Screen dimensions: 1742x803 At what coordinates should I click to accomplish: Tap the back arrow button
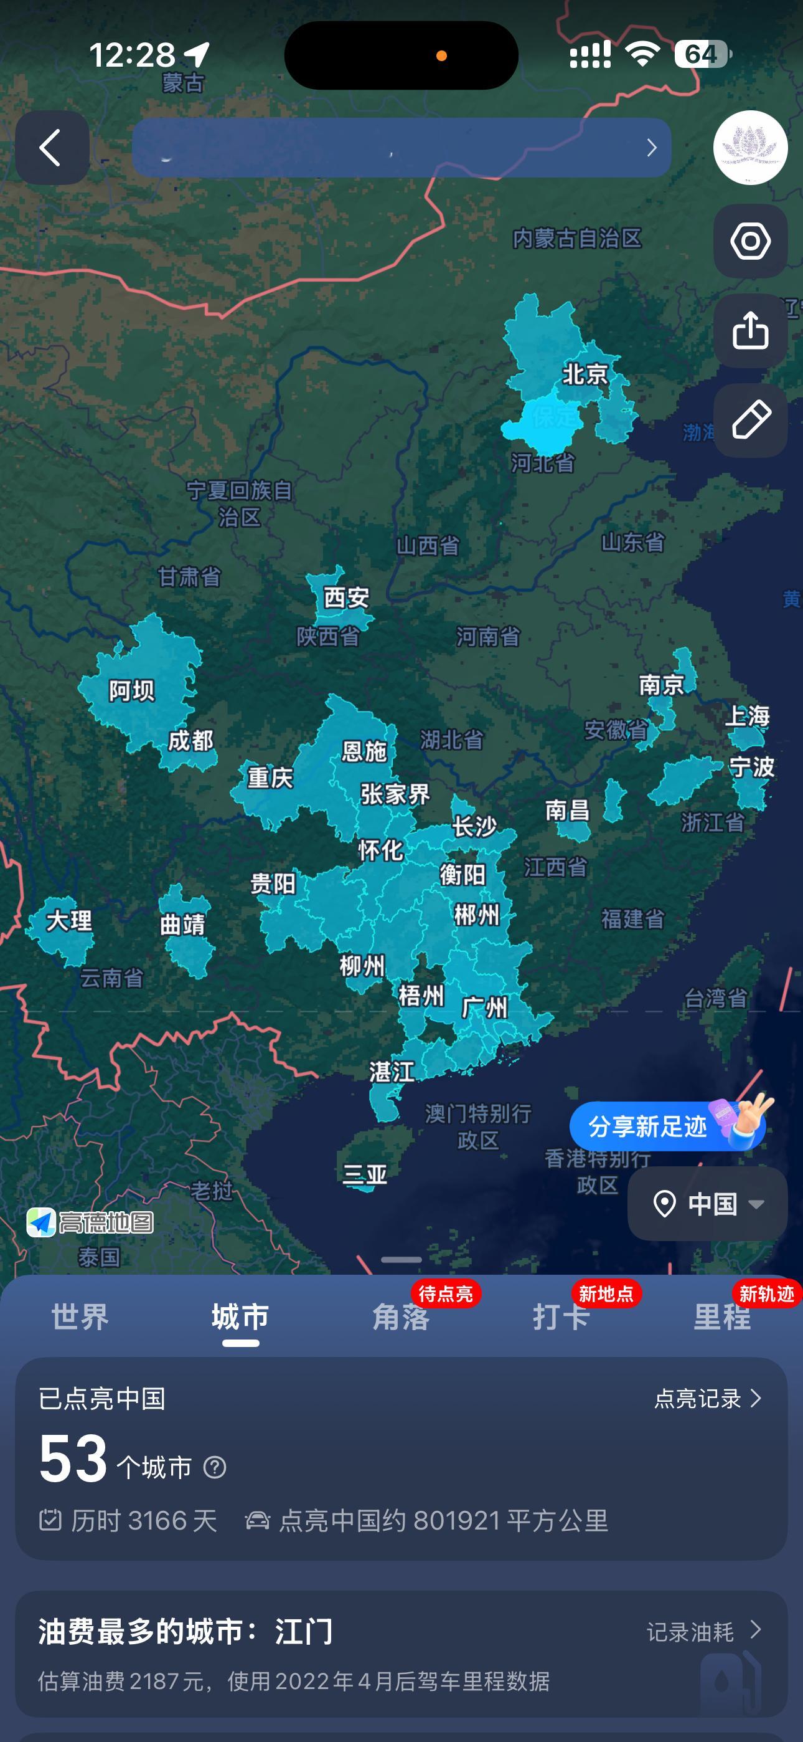pos(52,148)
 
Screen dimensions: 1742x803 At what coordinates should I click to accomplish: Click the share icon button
pos(750,331)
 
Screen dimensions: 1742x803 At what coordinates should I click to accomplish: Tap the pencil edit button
pos(750,421)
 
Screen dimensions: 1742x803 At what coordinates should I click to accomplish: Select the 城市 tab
pos(240,1317)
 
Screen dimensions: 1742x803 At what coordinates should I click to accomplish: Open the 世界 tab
pos(80,1317)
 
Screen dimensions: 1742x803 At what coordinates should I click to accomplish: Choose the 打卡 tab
pos(561,1317)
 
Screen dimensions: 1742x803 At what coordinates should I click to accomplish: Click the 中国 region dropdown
pos(707,1204)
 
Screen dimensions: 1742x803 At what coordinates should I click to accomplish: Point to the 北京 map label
pos(585,374)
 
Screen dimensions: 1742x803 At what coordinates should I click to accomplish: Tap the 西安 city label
pos(346,597)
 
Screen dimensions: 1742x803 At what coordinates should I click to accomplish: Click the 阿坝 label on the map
pos(132,691)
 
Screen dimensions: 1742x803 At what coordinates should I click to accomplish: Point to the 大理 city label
pos(68,921)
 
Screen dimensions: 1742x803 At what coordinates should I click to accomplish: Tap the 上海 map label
pos(748,716)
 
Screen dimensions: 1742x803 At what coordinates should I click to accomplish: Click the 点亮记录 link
pos(707,1399)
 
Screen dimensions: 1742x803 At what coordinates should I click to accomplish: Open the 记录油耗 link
pos(703,1632)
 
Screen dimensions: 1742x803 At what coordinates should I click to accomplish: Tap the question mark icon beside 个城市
pos(215,1467)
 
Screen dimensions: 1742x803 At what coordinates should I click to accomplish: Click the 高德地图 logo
pos(90,1222)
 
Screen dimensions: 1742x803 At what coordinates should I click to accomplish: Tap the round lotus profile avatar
pos(750,148)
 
